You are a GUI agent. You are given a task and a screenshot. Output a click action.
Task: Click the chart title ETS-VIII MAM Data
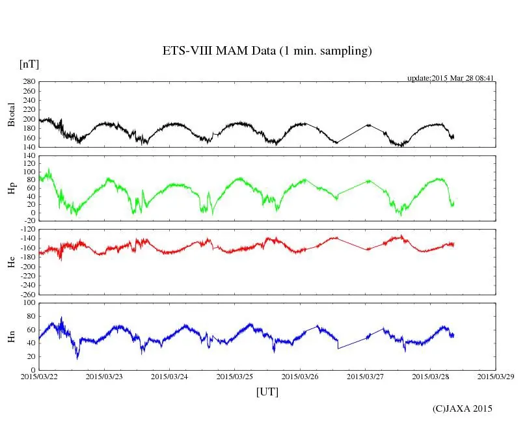coord(267,51)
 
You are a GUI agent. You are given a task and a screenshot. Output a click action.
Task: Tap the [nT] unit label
coord(29,64)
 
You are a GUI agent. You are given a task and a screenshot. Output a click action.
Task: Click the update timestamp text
coord(451,77)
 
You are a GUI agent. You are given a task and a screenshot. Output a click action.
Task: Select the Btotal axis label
coord(11,114)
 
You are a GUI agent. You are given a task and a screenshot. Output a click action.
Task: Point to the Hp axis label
coord(11,188)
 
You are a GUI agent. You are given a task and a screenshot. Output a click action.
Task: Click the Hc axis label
coord(11,261)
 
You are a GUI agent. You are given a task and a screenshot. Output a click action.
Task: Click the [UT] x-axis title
coord(267,392)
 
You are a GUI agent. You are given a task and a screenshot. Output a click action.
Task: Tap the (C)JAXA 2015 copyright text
coord(463,408)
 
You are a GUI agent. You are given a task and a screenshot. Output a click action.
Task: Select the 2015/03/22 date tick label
coord(39,376)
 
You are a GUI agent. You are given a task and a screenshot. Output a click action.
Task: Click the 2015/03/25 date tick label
coord(235,376)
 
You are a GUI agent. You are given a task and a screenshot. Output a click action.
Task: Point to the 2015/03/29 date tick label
coord(496,376)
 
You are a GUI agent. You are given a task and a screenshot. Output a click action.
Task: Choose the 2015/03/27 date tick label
coord(365,376)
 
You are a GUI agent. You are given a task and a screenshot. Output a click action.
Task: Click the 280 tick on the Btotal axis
coord(29,82)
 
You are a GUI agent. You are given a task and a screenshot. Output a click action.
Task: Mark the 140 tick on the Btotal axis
coord(29,148)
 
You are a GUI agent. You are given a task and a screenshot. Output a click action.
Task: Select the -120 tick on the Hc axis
coord(27,230)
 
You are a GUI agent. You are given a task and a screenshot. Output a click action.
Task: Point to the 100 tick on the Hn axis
coord(29,302)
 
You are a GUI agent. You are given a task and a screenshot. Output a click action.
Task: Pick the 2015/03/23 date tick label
coord(104,376)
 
